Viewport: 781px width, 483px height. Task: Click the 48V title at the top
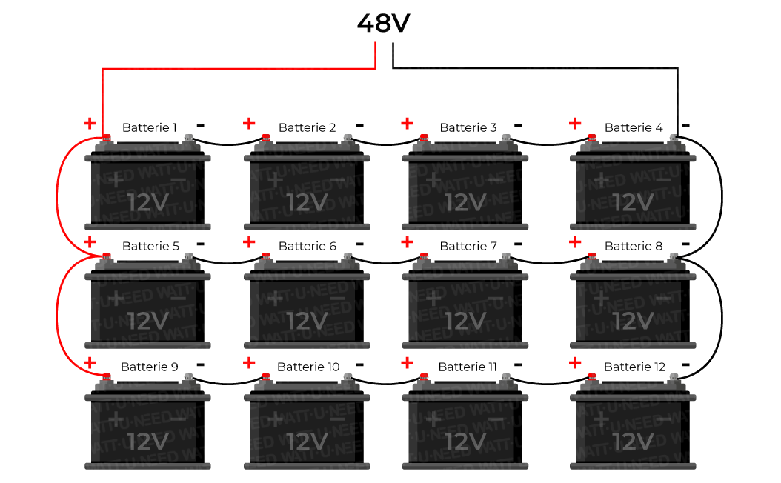(x=383, y=23)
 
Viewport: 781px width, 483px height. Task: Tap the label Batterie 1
(x=150, y=127)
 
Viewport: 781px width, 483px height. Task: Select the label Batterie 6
(x=308, y=246)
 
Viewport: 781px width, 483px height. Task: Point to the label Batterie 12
(x=634, y=367)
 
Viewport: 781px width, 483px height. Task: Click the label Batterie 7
(x=468, y=246)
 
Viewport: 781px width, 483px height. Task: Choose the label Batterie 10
(x=308, y=367)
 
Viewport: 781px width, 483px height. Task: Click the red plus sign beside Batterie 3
(x=407, y=123)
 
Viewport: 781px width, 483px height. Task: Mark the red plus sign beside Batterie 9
(x=90, y=363)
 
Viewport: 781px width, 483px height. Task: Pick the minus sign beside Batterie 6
(x=359, y=244)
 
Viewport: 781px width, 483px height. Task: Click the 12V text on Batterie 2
(x=308, y=202)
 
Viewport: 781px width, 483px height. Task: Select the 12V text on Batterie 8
(x=634, y=321)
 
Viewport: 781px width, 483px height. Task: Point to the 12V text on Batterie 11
(x=466, y=442)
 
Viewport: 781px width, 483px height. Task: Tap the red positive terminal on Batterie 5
(x=106, y=256)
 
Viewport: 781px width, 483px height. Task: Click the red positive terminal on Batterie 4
(x=591, y=137)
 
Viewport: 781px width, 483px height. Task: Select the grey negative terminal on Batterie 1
(x=188, y=137)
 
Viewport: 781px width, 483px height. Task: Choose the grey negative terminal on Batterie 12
(x=673, y=377)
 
